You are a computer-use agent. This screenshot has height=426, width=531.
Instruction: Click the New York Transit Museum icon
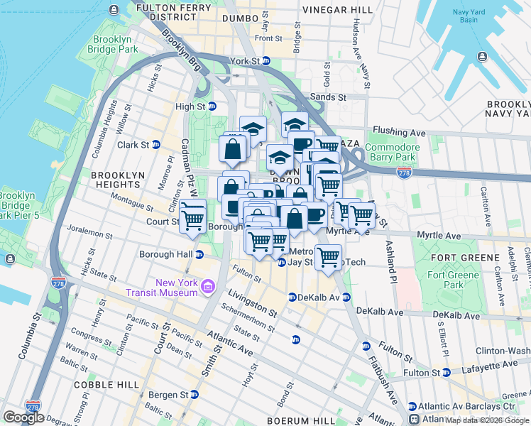(x=207, y=287)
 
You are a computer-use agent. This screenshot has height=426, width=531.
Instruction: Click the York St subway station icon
(x=273, y=62)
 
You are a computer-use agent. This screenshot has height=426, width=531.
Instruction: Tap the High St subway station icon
(x=212, y=106)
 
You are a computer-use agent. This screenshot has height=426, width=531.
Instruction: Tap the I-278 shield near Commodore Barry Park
(x=404, y=174)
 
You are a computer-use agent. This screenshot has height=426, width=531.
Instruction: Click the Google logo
(x=23, y=417)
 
